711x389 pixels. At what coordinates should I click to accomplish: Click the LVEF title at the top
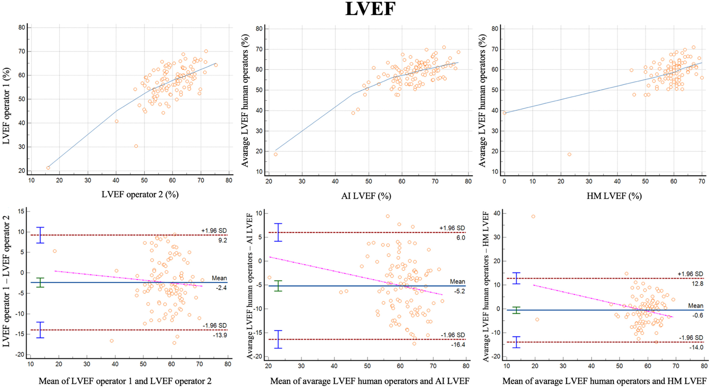pos(370,9)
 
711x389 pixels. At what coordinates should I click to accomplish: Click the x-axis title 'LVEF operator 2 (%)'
pos(140,194)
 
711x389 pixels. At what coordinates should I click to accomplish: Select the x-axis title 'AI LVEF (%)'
pos(366,196)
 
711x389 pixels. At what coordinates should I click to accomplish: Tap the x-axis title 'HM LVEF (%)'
pos(614,196)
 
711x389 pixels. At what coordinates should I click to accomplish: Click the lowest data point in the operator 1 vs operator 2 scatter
pos(48,168)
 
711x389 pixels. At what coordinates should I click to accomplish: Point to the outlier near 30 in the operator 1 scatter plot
pos(136,146)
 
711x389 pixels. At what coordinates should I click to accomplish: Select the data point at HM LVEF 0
pos(504,113)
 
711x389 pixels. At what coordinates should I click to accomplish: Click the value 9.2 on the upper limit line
pos(222,240)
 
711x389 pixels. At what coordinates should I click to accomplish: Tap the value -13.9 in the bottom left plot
pos(220,335)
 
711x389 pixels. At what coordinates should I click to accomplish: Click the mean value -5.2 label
pos(460,291)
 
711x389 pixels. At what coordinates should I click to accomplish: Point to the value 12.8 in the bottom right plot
pos(697,284)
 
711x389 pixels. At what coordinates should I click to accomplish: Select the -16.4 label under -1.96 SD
pos(458,345)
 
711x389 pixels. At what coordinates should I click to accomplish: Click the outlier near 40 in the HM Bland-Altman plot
pos(533,216)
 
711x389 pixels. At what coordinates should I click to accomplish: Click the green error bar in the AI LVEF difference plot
pos(278,286)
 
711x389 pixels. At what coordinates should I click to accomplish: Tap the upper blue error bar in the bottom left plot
pos(40,235)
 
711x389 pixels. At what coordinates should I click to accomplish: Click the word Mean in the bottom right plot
pos(695,306)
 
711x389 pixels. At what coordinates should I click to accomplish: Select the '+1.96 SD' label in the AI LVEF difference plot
pos(452,228)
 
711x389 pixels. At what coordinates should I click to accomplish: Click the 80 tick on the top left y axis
pos(22,28)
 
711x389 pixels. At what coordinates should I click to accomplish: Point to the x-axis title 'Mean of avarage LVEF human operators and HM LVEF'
pos(604,381)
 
